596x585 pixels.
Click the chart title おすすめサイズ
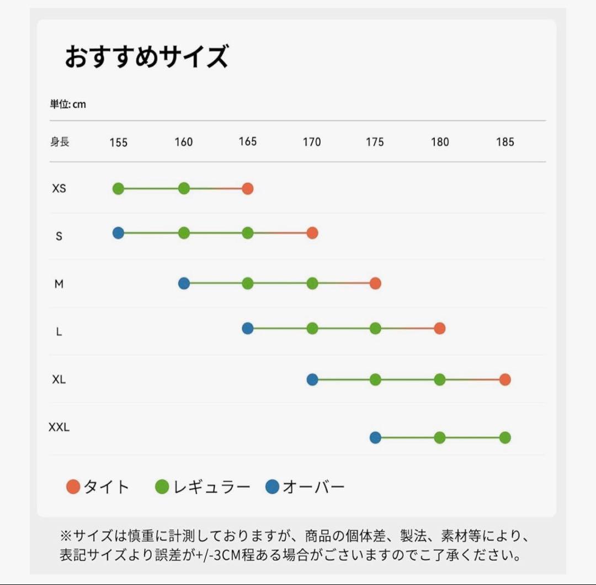(x=146, y=57)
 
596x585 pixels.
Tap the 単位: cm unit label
(x=68, y=104)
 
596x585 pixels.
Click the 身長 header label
(x=60, y=141)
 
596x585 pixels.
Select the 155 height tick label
(x=118, y=143)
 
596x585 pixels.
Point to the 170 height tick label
(x=312, y=142)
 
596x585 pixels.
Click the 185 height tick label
(x=505, y=142)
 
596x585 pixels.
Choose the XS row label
(x=59, y=188)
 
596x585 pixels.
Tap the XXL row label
(x=59, y=427)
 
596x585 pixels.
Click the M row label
(x=59, y=284)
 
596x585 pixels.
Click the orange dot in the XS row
(x=247, y=189)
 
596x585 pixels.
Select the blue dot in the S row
(x=118, y=233)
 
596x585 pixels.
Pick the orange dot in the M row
(x=375, y=284)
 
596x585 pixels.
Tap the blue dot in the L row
(x=247, y=329)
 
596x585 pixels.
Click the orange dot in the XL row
(x=505, y=380)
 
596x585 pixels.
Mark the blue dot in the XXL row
(x=375, y=438)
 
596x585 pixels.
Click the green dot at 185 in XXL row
(x=505, y=438)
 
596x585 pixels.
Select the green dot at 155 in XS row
(x=118, y=189)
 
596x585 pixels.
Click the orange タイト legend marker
(x=73, y=487)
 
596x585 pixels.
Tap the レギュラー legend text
(x=211, y=487)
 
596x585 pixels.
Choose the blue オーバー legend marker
(x=272, y=487)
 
